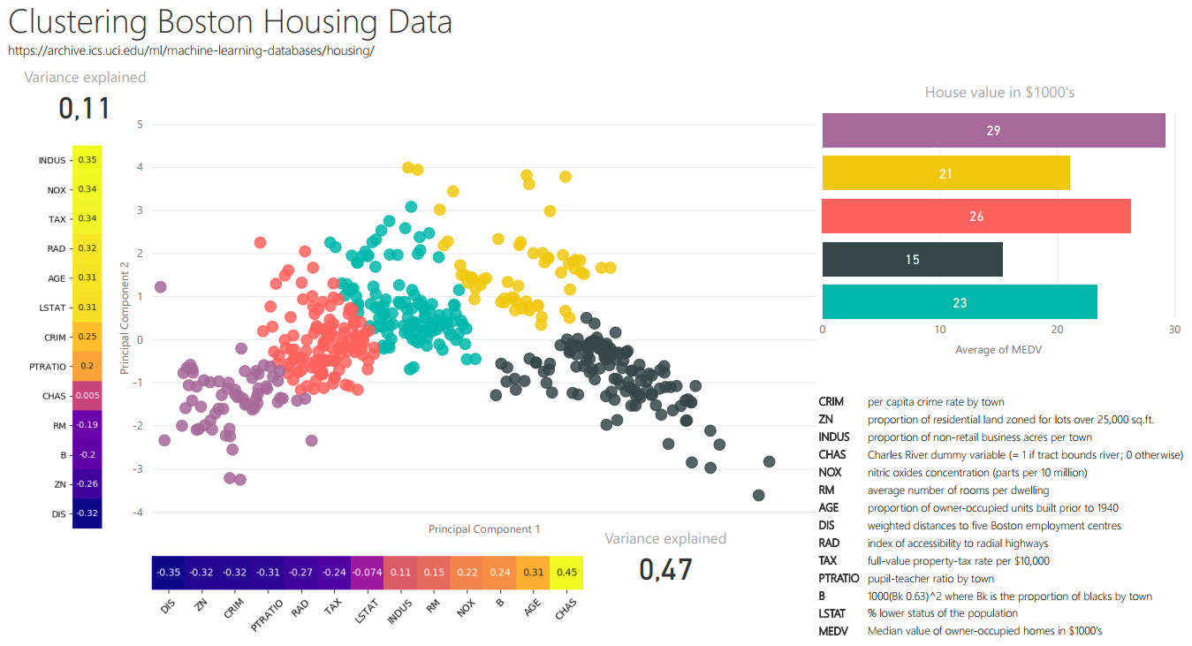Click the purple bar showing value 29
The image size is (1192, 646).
993,131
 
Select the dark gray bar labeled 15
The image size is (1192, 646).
912,260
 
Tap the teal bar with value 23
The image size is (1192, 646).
960,302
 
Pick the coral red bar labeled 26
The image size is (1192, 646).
976,217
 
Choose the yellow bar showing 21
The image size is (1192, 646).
945,173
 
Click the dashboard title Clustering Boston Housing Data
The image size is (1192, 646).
230,22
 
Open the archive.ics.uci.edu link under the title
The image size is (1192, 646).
191,51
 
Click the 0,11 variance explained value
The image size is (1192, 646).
85,108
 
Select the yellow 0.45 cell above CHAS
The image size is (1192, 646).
566,573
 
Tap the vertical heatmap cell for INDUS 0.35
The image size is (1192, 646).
87,160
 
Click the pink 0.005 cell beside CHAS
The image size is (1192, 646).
87,395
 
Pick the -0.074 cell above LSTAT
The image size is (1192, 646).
367,573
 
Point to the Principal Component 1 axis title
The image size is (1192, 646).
484,529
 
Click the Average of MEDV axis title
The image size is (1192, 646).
998,350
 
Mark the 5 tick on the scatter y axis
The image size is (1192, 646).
140,125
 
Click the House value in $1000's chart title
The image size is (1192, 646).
998,92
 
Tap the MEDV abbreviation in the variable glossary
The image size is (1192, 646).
833,631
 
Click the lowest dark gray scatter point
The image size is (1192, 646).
758,495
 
